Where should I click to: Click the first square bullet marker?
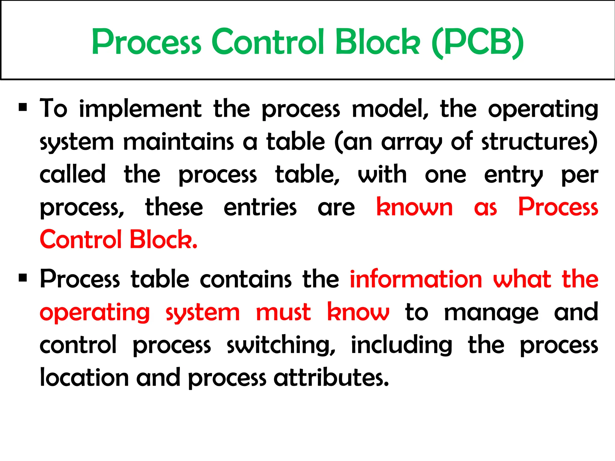click(x=23, y=107)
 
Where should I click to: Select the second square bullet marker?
click(x=23, y=278)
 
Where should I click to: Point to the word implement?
click(x=140, y=109)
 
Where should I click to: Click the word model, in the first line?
click(x=390, y=109)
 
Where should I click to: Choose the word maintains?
click(x=178, y=142)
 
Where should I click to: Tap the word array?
click(x=412, y=142)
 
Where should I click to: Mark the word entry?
click(x=514, y=175)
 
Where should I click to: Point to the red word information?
click(x=416, y=279)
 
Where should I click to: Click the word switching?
click(x=281, y=345)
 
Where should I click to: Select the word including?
click(x=401, y=345)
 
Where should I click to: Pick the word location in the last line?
click(x=84, y=378)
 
